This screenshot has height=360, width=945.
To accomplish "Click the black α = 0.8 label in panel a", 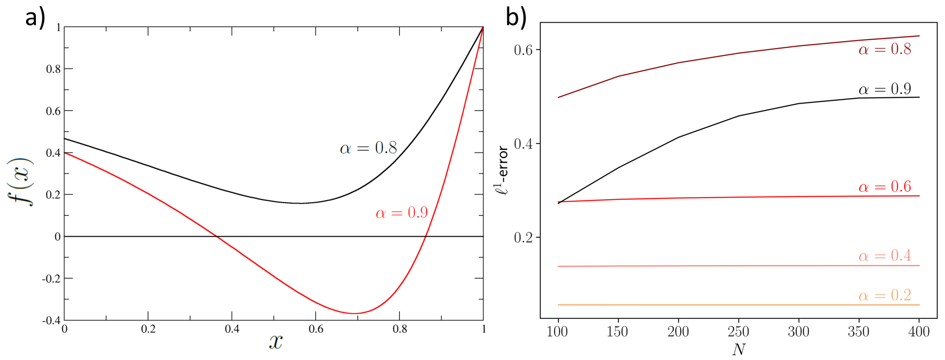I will click(368, 148).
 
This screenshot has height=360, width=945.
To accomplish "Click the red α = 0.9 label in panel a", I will click(401, 212).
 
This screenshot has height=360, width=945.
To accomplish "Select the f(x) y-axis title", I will click(20, 182).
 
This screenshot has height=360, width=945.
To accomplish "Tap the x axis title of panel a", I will click(275, 342).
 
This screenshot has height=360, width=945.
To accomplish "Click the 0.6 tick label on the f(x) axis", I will click(53, 111).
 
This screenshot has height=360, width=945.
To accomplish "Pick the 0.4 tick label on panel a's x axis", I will click(232, 329).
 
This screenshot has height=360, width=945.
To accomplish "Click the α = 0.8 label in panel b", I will click(885, 49).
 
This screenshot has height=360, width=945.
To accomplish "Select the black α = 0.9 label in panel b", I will click(885, 89).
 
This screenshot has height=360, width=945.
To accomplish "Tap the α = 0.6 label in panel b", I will click(885, 187).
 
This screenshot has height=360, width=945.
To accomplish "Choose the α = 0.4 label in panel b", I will click(885, 256).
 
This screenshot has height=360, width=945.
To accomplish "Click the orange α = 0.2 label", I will click(885, 295).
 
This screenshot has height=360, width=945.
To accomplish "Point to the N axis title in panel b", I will click(738, 350).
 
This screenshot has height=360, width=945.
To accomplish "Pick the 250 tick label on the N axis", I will click(738, 332).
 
